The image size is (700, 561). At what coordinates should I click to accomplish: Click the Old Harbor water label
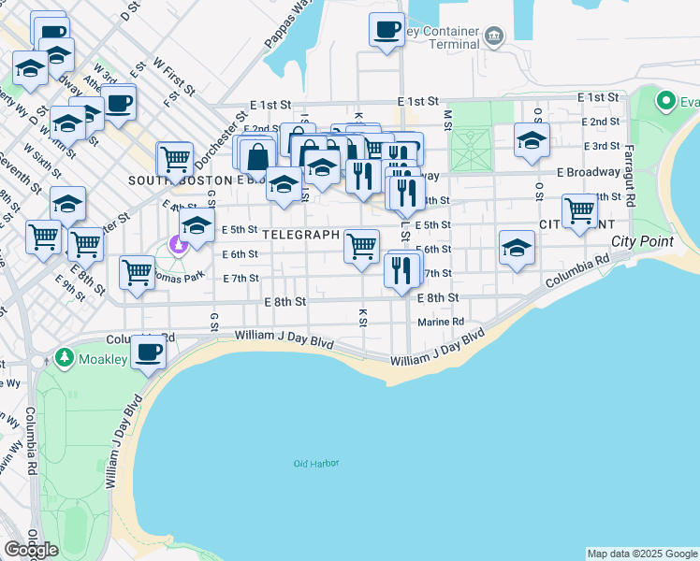(x=315, y=464)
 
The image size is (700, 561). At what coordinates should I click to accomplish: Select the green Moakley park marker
(x=64, y=357)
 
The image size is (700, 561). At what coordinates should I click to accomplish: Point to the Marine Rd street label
(x=441, y=322)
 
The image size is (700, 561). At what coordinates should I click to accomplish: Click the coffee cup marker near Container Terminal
(x=386, y=30)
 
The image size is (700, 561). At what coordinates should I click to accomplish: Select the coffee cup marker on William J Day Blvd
(x=148, y=352)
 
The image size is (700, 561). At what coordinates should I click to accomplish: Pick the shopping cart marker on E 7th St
(x=137, y=273)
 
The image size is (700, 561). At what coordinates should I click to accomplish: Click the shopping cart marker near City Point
(x=580, y=210)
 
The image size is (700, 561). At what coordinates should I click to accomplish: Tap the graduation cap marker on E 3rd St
(x=532, y=140)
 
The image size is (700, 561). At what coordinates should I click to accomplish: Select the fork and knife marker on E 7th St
(x=401, y=270)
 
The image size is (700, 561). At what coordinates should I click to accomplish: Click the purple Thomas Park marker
(x=178, y=245)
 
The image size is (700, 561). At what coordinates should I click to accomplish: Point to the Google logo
(x=31, y=550)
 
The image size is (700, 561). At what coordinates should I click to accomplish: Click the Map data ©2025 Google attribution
(x=642, y=554)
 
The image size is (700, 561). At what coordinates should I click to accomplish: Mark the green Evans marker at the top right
(x=666, y=99)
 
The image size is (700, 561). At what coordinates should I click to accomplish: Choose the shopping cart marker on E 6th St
(x=361, y=246)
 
